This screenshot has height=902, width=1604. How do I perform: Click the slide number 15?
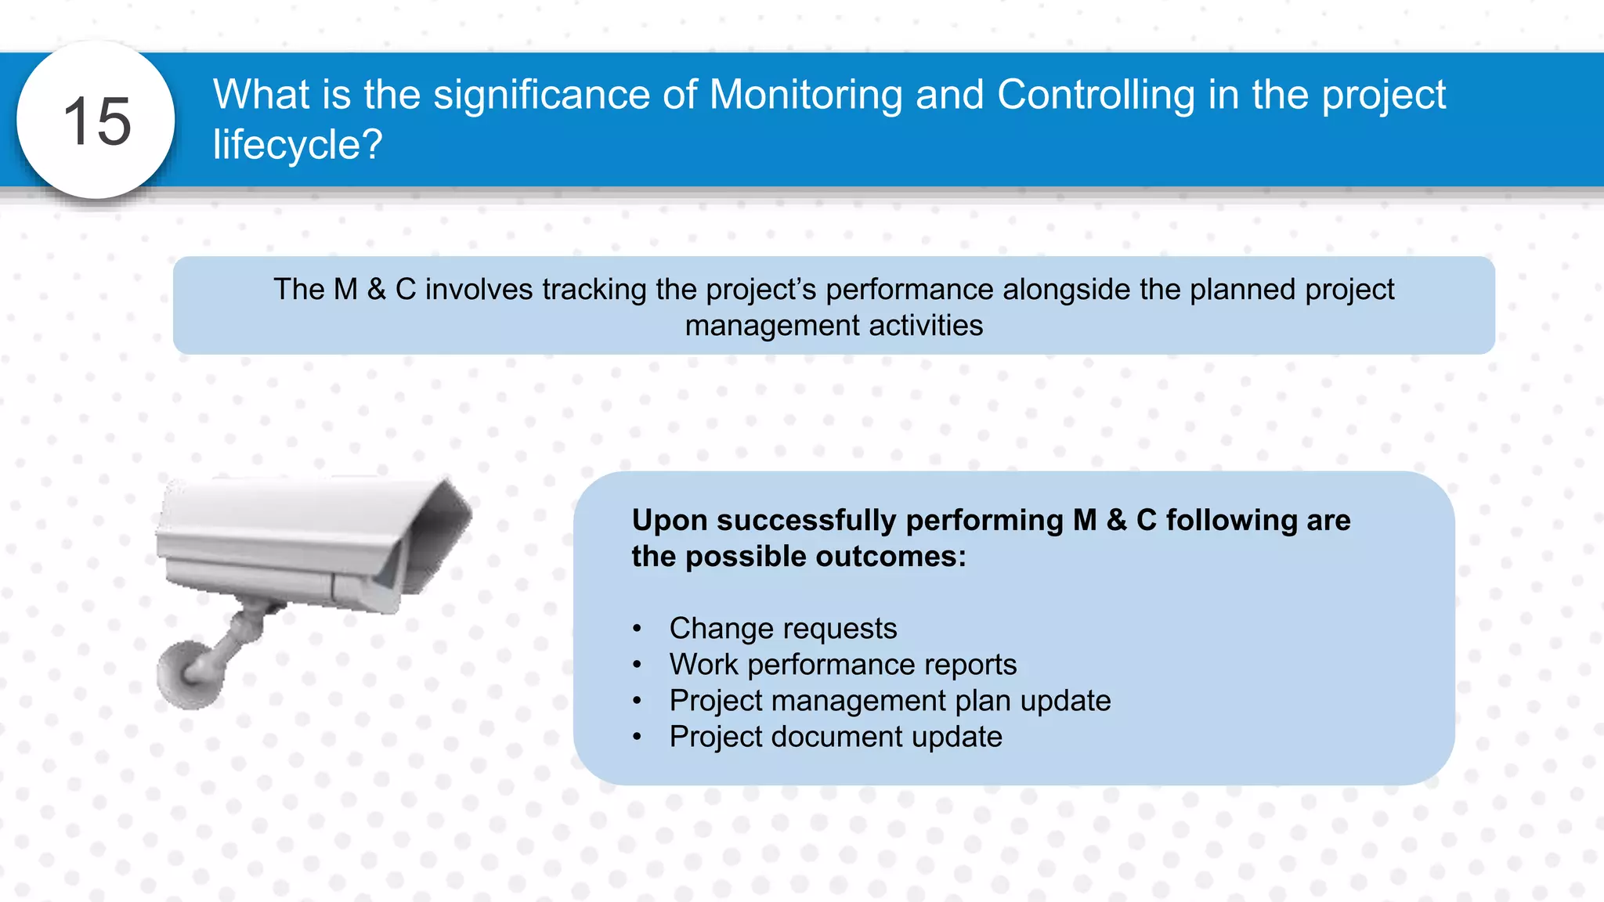96,121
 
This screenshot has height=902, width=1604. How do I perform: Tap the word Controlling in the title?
1095,95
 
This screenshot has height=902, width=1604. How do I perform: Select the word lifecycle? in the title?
298,145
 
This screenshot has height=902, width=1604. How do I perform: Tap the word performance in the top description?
909,290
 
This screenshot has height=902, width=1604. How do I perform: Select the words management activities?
833,326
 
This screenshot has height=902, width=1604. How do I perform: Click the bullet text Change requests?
782,629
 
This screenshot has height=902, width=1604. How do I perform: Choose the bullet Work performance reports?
842,665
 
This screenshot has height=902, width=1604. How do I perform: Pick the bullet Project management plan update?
890,701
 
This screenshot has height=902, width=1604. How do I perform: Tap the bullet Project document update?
835,737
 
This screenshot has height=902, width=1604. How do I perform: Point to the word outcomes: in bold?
891,557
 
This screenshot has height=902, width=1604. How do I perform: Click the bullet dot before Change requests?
638,629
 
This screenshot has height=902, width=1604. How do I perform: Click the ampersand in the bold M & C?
1116,521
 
